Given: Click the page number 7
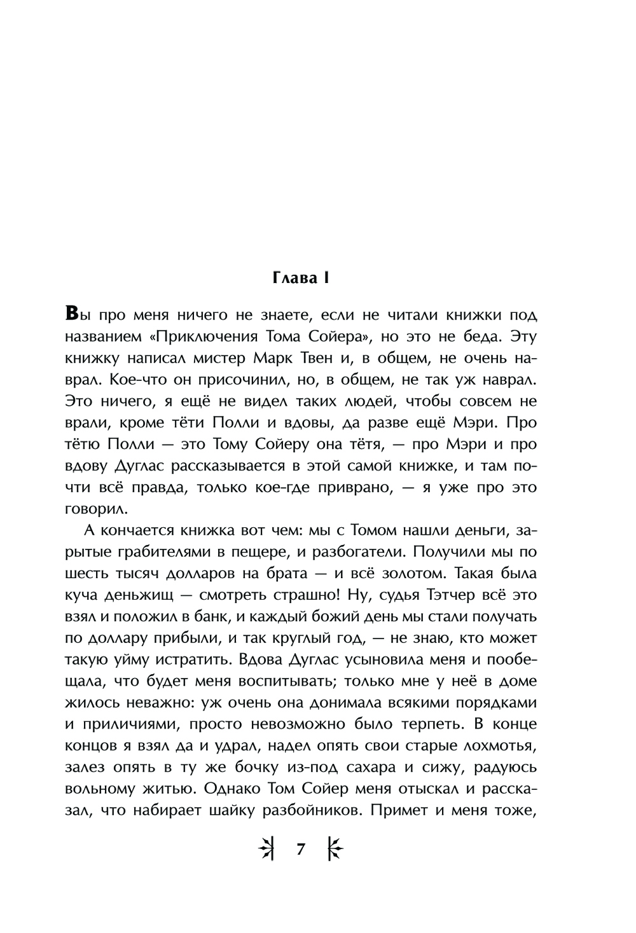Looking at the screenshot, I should click(x=301, y=849).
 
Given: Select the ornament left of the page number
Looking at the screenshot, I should click(x=266, y=849).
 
